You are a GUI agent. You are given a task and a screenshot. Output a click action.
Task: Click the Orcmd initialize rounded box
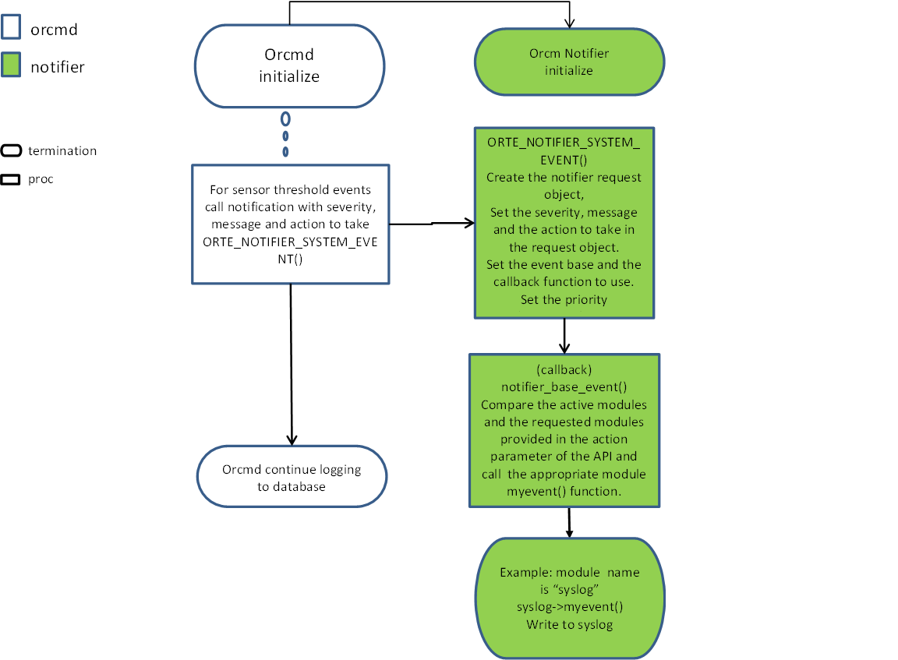coord(289,67)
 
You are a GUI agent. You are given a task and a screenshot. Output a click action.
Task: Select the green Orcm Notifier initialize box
coord(569,62)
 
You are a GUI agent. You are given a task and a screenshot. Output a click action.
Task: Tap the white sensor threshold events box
coord(290,224)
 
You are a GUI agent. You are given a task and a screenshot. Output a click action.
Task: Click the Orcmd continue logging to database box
coord(292,478)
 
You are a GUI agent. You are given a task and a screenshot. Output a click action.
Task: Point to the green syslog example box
coord(569,598)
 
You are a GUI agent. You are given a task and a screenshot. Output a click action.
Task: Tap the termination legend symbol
coord(12,150)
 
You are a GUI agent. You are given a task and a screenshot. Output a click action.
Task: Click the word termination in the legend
coord(62,151)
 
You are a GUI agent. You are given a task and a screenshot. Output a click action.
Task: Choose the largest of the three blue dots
coord(285,119)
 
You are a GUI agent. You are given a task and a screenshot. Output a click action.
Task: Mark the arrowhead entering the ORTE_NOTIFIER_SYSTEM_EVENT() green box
coord(469,224)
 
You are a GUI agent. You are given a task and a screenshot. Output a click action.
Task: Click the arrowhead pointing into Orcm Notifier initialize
coord(569,23)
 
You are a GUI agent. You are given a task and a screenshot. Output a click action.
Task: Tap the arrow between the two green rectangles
coord(564,336)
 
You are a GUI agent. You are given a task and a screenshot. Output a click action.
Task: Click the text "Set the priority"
coord(564,299)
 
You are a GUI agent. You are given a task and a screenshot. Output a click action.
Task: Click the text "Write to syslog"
coord(569,624)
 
